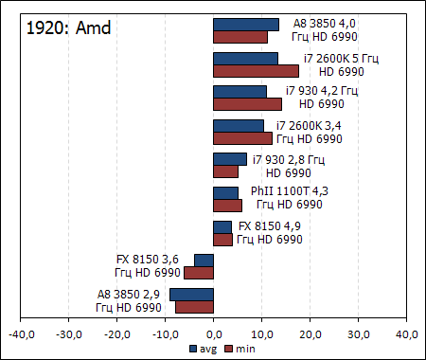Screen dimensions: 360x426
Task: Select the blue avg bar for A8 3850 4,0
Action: [246, 25]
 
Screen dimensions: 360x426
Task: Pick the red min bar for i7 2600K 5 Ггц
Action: [256, 71]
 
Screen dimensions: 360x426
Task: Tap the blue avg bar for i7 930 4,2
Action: [240, 92]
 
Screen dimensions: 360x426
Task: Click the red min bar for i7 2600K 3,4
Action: [242, 138]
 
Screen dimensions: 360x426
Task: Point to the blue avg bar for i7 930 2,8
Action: [230, 159]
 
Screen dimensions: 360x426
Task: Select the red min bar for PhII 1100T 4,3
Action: [227, 206]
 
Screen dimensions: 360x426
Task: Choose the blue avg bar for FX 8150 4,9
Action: [222, 226]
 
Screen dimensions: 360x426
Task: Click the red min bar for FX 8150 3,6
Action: [199, 273]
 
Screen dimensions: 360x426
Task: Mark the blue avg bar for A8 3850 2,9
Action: [192, 295]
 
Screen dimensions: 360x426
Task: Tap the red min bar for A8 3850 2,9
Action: [195, 307]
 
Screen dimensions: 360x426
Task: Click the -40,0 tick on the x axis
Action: [21, 334]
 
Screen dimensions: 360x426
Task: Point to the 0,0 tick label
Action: [214, 334]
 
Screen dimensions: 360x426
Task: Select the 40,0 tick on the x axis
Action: [406, 334]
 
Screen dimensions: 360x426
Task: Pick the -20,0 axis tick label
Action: [117, 334]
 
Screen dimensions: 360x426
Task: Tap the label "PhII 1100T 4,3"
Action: [284, 198]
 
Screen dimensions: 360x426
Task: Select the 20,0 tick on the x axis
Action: [311, 334]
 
